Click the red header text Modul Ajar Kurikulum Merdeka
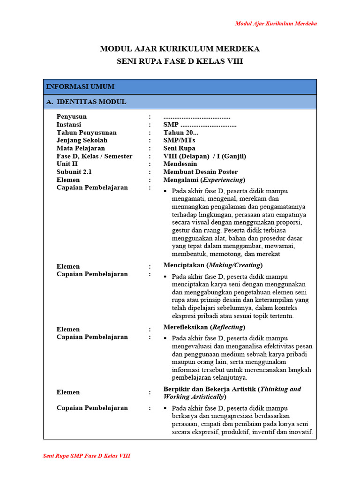click(276, 23)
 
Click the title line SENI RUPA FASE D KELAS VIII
click(180, 61)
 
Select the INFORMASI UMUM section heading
click(80, 87)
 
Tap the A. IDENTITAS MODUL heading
click(86, 102)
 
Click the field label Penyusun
click(71, 117)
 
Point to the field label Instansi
click(69, 125)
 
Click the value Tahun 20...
click(174, 133)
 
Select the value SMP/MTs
click(179, 140)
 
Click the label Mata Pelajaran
click(80, 148)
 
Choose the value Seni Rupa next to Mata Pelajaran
click(179, 148)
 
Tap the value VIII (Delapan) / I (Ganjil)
click(204, 156)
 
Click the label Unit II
click(67, 164)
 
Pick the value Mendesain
click(180, 164)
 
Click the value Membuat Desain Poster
click(200, 172)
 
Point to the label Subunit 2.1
click(74, 172)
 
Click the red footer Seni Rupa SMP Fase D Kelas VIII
click(87, 456)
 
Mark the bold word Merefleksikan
click(186, 327)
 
